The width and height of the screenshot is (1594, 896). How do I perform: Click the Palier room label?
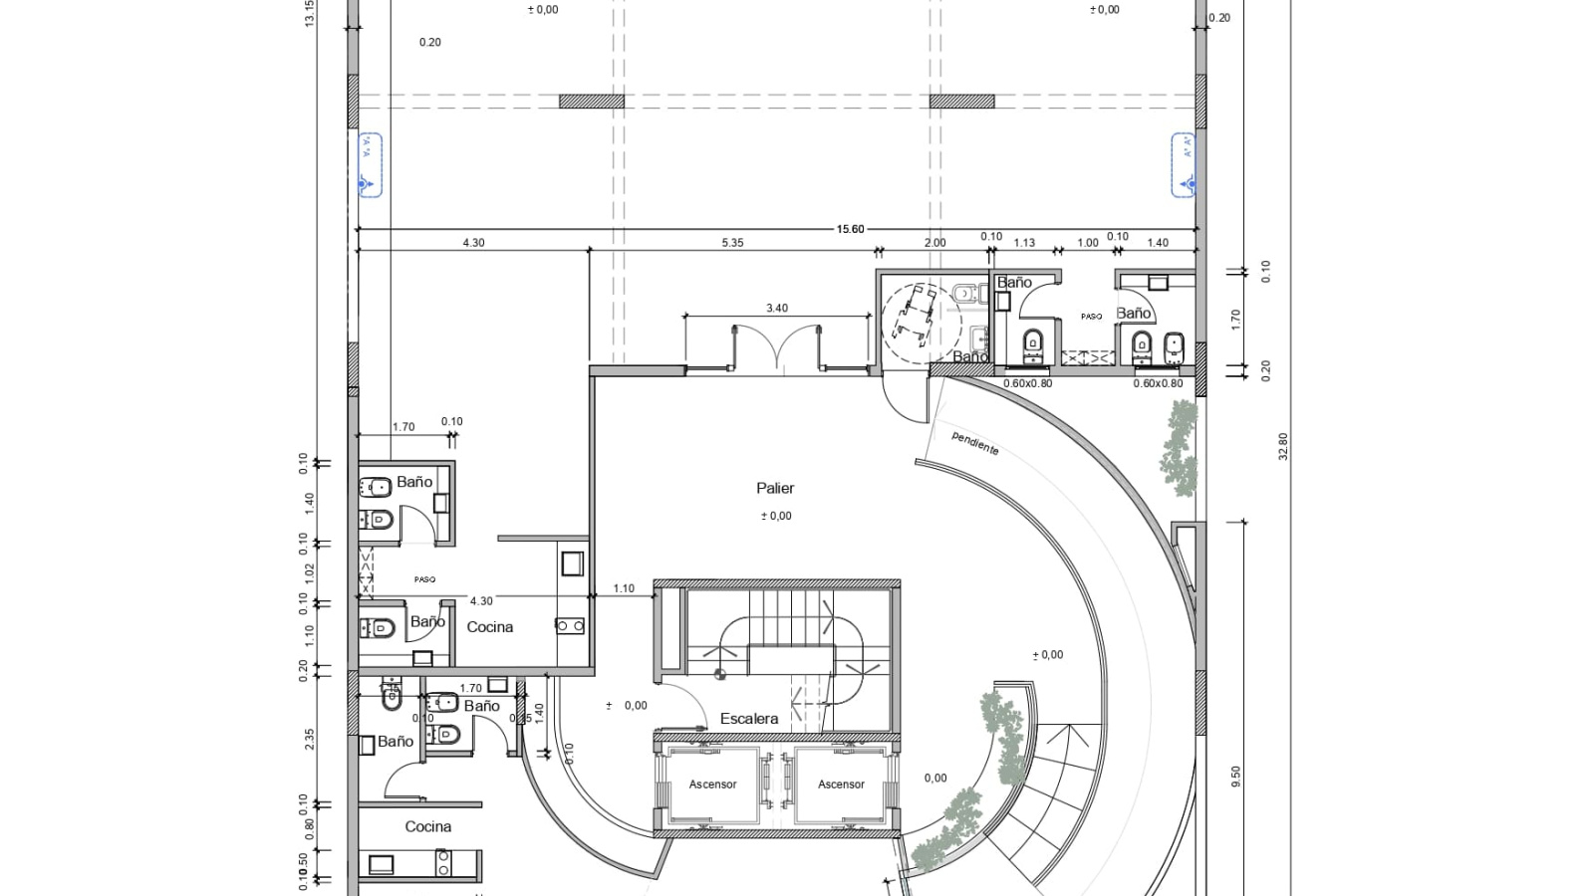tap(775, 488)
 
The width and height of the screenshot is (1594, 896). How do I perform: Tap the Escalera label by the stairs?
tap(749, 719)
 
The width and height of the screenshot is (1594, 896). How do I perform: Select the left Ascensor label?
tap(712, 784)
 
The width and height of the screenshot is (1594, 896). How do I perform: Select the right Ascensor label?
tap(841, 784)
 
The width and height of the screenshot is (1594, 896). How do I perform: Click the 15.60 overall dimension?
tap(850, 229)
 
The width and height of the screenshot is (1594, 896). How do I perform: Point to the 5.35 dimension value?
tap(732, 243)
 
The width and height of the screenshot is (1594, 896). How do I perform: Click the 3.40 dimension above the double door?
tap(777, 309)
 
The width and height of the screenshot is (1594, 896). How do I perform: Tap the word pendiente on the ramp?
tap(974, 443)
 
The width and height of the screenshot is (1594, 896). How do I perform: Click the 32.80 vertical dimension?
tap(1283, 446)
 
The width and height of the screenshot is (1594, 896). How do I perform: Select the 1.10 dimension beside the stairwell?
tap(624, 588)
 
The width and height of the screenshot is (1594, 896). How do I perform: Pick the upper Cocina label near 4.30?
tap(490, 627)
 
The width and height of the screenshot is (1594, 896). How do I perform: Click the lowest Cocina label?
tap(428, 827)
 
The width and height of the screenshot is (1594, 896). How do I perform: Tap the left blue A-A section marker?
tap(370, 165)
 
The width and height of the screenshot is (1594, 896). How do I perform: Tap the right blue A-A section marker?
tap(1184, 165)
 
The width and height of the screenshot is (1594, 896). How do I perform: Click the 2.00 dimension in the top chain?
tap(934, 243)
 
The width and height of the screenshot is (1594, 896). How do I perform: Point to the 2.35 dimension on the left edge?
tap(310, 739)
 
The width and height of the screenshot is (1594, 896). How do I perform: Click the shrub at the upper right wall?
tap(1180, 448)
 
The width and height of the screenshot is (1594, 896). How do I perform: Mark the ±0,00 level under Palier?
tap(776, 516)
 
